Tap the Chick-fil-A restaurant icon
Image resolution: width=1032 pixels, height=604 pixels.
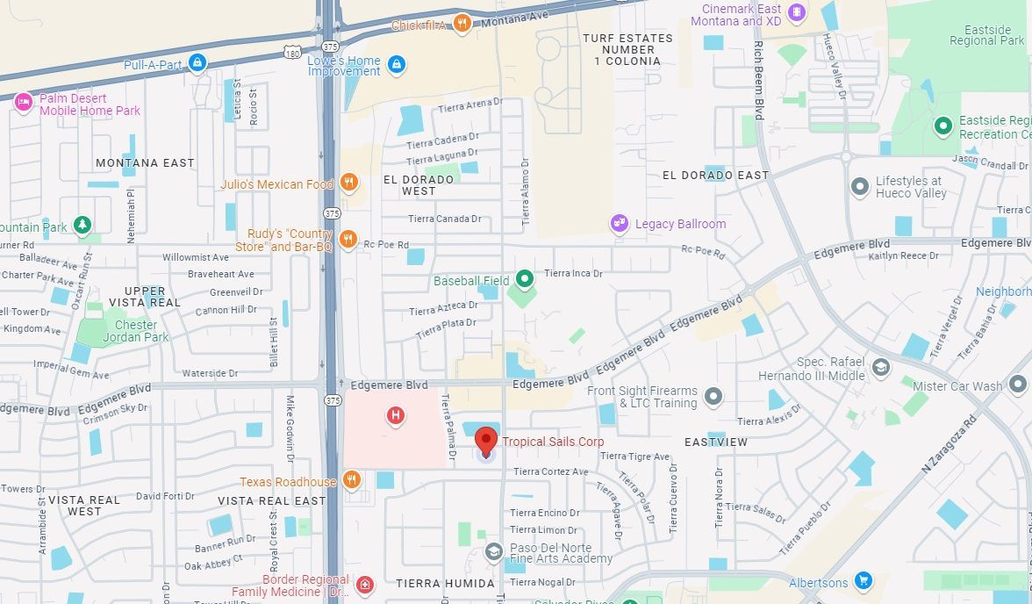pyautogui.click(x=462, y=23)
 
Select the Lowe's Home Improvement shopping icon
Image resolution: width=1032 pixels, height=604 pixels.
pyautogui.click(x=397, y=64)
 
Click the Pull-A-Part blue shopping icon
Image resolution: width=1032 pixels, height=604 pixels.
pyautogui.click(x=198, y=62)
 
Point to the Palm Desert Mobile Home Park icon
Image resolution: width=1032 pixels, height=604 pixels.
pyautogui.click(x=24, y=103)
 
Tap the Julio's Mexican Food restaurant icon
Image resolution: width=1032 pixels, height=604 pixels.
pyautogui.click(x=348, y=183)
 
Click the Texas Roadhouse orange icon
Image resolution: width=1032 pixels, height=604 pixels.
pyautogui.click(x=351, y=479)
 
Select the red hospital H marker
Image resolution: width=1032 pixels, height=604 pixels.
pyautogui.click(x=396, y=415)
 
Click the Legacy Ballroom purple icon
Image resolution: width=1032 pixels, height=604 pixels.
pyautogui.click(x=620, y=224)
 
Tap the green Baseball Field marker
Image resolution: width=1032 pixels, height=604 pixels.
pyautogui.click(x=525, y=280)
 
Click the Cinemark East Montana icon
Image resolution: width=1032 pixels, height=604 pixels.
pyautogui.click(x=797, y=12)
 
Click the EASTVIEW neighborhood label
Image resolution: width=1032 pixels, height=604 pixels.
pyautogui.click(x=716, y=442)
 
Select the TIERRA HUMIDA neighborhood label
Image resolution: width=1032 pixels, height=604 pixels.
pyautogui.click(x=436, y=583)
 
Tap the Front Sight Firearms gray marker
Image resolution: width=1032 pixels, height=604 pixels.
pyautogui.click(x=713, y=396)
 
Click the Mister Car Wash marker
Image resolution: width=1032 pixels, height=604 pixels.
pyautogui.click(x=1017, y=384)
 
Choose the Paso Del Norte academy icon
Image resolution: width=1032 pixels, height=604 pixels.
pyautogui.click(x=494, y=552)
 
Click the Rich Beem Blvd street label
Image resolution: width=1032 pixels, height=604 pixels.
pyautogui.click(x=760, y=79)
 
